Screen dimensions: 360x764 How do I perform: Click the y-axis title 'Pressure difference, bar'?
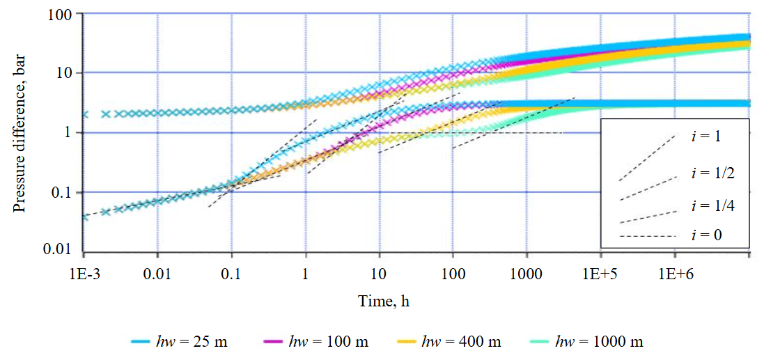[x=19, y=132]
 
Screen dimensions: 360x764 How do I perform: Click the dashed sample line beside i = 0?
[x=647, y=237]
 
